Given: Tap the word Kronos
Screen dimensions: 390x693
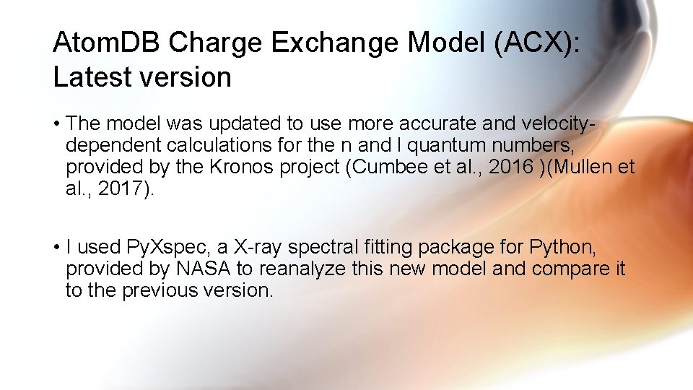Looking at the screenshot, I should coord(239,168).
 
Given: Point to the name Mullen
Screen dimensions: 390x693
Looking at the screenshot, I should coord(585,168).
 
